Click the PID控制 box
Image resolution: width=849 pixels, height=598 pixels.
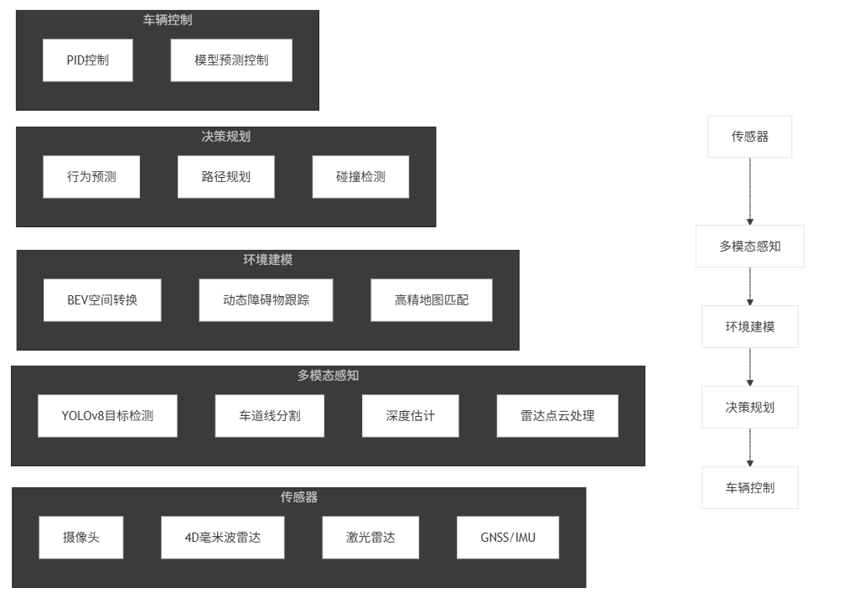(x=88, y=60)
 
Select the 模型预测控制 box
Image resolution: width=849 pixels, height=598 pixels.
(x=231, y=60)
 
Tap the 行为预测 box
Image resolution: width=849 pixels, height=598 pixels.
(x=91, y=177)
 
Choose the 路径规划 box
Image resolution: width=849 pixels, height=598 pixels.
(x=226, y=177)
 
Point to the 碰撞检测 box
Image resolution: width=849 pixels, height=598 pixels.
(x=360, y=177)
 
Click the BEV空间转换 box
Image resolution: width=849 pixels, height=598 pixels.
(x=102, y=299)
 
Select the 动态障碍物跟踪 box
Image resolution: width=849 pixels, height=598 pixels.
(x=266, y=299)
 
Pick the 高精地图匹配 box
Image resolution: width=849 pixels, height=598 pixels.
(x=432, y=299)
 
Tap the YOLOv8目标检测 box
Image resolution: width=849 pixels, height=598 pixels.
(x=107, y=415)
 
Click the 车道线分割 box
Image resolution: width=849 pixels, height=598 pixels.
(x=270, y=415)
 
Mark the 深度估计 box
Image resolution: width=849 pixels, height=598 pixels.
(x=411, y=415)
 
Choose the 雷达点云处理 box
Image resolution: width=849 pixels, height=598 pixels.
(x=557, y=415)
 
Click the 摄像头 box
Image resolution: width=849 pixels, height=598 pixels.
(x=81, y=538)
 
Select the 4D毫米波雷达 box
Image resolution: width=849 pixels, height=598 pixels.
(x=223, y=538)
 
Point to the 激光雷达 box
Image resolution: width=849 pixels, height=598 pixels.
(x=370, y=538)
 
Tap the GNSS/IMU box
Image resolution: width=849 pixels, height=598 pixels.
(x=508, y=538)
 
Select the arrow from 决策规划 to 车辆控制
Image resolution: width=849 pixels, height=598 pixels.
(x=750, y=448)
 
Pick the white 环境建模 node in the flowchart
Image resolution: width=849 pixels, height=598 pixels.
(x=750, y=327)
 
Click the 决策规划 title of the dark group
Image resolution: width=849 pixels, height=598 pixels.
(x=226, y=137)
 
